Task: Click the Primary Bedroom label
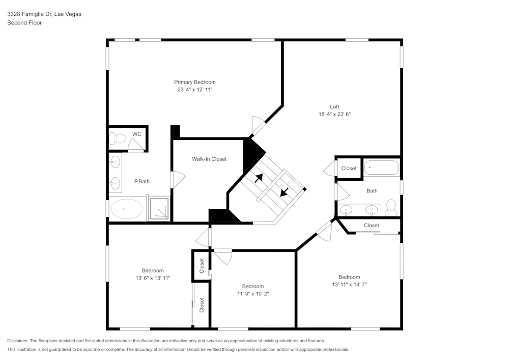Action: coord(194,82)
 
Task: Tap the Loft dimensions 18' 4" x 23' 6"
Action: coord(334,115)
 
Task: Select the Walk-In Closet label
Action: coord(209,159)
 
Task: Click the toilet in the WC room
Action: coord(117,138)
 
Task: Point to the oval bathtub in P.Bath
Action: coord(127,209)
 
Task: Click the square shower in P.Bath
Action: coord(160,209)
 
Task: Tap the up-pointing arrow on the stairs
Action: coord(259,178)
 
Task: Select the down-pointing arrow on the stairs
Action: coord(284,192)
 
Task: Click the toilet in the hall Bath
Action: coord(391,206)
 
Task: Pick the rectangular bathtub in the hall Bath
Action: coord(382,168)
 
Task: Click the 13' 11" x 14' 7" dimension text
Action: coord(349,285)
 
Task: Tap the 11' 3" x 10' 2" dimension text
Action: coord(252,294)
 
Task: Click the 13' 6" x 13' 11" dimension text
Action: coord(153,278)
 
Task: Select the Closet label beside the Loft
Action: coord(349,169)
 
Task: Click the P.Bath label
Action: coord(142,181)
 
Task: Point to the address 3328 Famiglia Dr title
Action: coord(44,14)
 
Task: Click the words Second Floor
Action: coord(24,23)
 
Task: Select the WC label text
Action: coord(136,134)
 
